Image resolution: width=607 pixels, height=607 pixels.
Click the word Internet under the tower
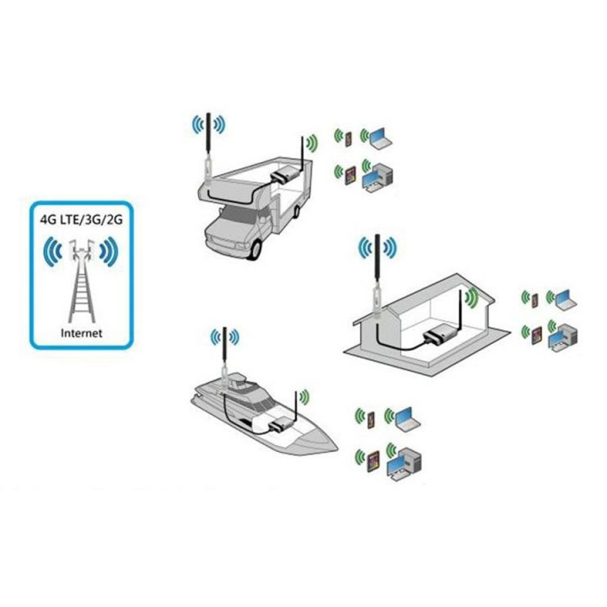point(82,333)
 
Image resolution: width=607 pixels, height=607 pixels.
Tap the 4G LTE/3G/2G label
point(82,218)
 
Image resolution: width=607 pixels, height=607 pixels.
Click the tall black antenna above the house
point(378,261)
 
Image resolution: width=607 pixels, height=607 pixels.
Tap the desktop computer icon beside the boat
point(403,460)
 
